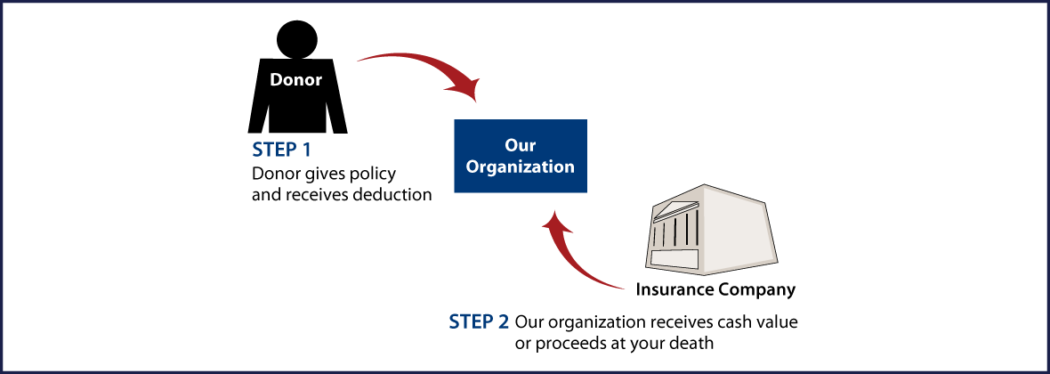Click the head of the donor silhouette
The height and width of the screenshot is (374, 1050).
pyautogui.click(x=297, y=38)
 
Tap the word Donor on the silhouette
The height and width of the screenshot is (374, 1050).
pyautogui.click(x=296, y=79)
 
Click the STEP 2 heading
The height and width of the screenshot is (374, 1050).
pyautogui.click(x=480, y=321)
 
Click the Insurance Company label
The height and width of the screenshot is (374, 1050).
pyautogui.click(x=715, y=289)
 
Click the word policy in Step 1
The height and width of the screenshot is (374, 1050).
pyautogui.click(x=374, y=172)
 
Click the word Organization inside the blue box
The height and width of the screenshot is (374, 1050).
pyautogui.click(x=521, y=167)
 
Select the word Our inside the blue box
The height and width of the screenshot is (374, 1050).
pyautogui.click(x=521, y=145)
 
